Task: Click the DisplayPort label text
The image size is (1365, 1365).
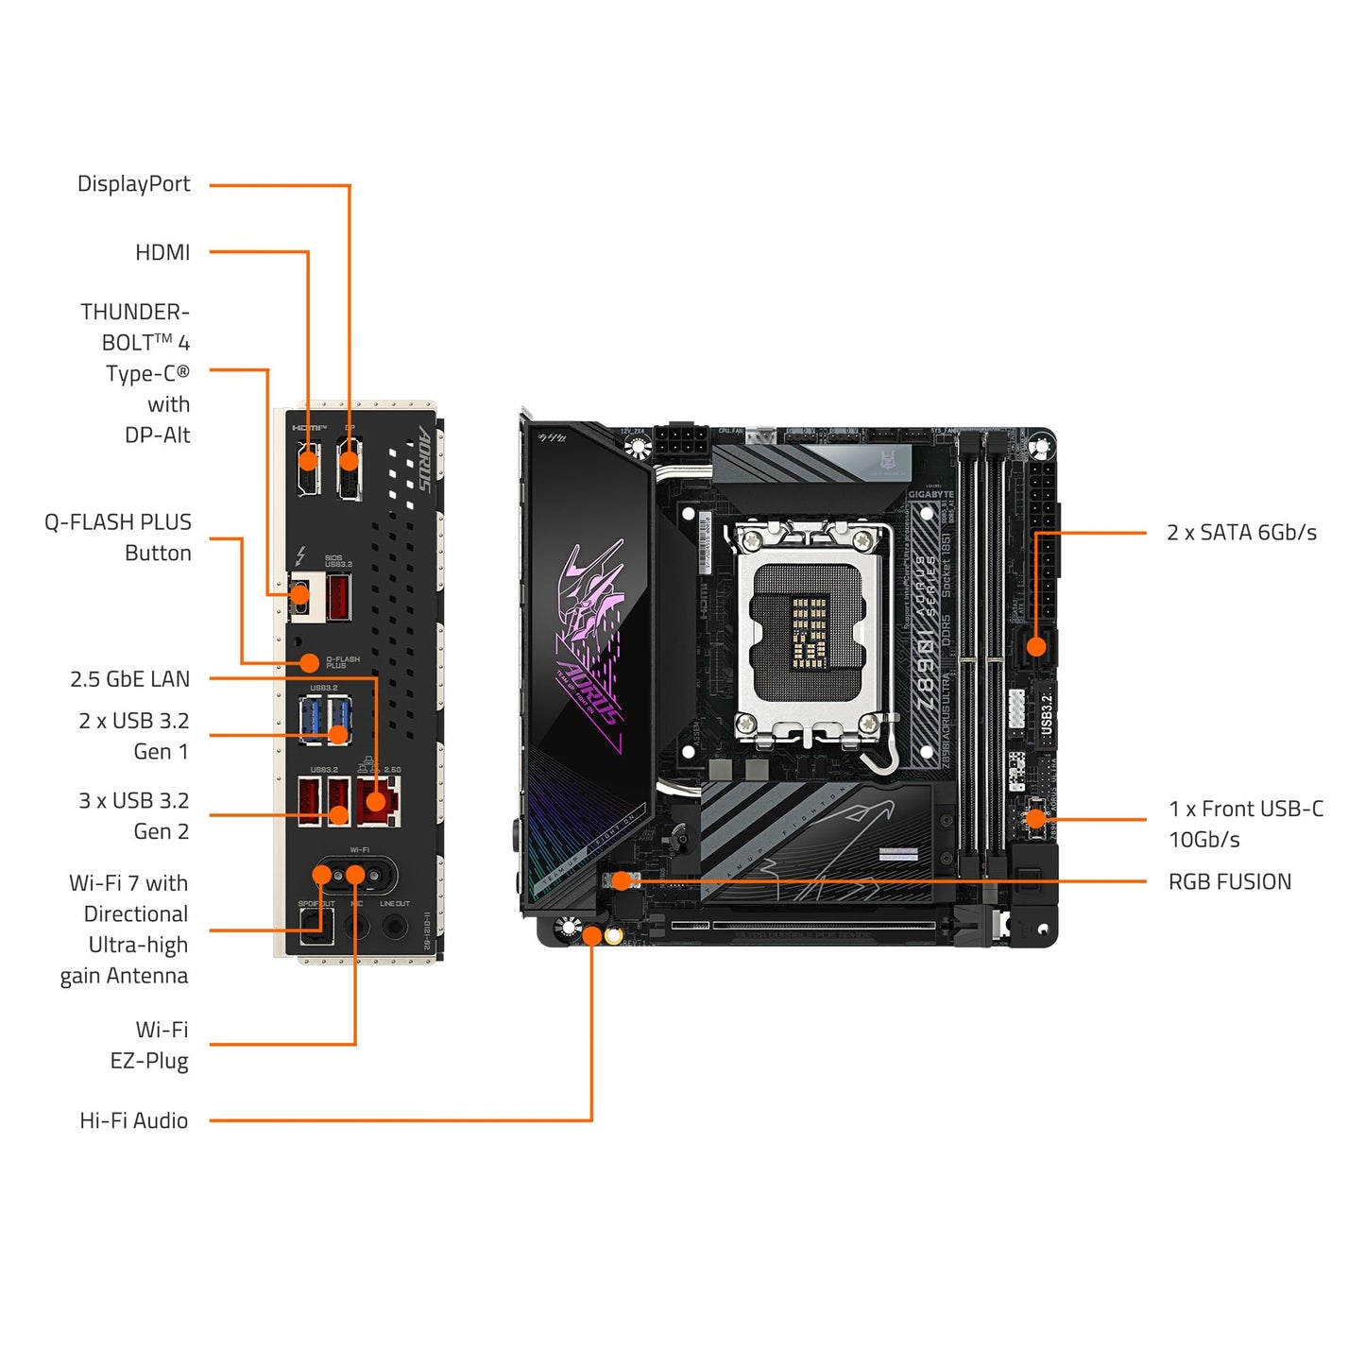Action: click(133, 184)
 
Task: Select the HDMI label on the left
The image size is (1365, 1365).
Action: click(162, 252)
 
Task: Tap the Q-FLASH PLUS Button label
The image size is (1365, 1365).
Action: click(118, 537)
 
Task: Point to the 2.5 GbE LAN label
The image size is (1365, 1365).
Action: click(129, 679)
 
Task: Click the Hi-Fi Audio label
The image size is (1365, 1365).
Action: click(133, 1120)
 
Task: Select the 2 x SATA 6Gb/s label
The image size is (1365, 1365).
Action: click(1241, 533)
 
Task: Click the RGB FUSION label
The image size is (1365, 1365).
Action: click(1229, 882)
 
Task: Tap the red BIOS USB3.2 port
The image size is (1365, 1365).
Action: click(338, 596)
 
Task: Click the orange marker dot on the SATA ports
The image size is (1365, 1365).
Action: click(1036, 647)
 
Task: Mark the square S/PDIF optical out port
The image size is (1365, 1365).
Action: click(310, 927)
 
